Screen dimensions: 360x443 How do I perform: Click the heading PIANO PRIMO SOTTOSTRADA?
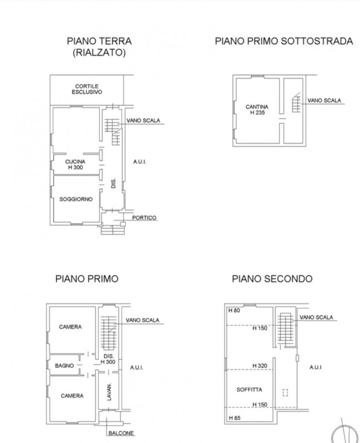284,41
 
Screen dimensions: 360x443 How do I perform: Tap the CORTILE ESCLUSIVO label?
87,89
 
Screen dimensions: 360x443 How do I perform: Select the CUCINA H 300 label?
75,164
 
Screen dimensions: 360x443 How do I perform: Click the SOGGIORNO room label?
76,199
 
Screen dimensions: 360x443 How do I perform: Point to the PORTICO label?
144,218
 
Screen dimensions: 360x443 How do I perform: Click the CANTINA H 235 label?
257,110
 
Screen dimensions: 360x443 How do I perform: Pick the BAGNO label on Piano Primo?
64,365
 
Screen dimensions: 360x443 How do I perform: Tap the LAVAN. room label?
109,392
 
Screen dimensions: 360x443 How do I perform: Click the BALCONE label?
121,433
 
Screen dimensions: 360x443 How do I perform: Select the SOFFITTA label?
249,390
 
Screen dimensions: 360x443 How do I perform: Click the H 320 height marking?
260,365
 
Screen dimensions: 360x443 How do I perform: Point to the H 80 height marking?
234,311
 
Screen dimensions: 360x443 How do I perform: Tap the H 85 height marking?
234,418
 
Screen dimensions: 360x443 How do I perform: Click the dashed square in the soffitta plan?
285,393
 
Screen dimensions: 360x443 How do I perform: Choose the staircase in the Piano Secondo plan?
285,329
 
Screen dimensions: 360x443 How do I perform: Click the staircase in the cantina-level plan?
296,102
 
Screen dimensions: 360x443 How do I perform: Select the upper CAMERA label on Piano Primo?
70,327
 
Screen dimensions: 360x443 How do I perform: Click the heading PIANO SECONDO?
272,279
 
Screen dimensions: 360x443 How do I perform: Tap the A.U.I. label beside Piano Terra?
140,162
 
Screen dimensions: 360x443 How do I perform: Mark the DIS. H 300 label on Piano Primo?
108,359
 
